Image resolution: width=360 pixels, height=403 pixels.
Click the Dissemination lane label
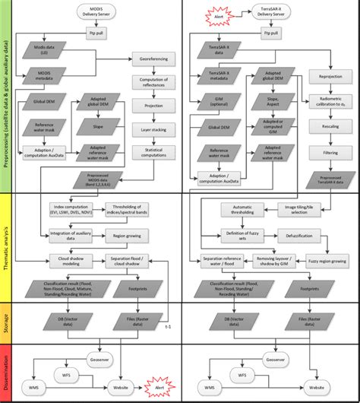5,369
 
